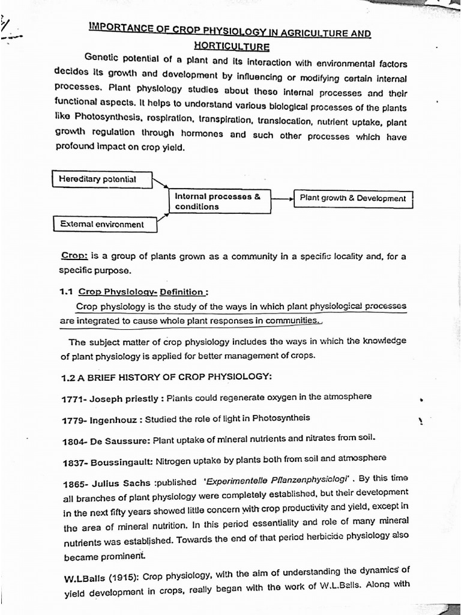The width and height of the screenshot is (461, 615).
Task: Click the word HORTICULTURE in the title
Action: click(231, 46)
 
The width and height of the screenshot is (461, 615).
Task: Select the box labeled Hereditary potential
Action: click(101, 179)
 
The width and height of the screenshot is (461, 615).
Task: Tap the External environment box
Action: click(105, 224)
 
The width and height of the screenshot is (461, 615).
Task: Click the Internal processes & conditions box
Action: click(218, 201)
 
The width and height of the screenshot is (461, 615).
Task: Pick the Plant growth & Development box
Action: click(353, 198)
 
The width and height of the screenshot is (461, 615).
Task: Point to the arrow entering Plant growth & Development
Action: click(282, 197)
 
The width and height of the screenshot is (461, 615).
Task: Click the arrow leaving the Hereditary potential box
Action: click(160, 183)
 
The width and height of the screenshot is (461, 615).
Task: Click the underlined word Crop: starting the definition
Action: click(75, 256)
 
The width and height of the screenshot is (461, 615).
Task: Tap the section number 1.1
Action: click(67, 292)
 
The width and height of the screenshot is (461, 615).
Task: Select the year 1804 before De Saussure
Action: click(74, 441)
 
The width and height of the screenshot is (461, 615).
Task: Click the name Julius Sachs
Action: click(118, 482)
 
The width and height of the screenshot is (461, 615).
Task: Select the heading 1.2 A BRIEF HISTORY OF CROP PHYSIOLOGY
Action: click(167, 377)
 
